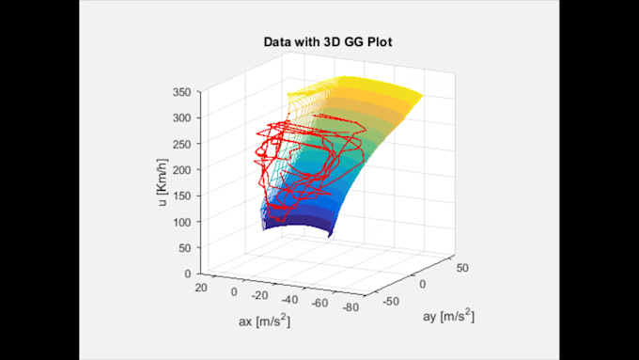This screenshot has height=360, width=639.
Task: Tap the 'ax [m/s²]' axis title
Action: [264, 321]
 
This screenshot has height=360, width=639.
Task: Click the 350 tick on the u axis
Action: [183, 93]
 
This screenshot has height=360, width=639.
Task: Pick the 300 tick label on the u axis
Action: [183, 119]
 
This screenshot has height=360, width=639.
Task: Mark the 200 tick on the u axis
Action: [183, 171]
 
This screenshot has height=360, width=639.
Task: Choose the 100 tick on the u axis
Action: [183, 222]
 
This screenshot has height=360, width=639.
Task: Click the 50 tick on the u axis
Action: [186, 248]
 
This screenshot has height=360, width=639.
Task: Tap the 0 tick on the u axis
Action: [190, 274]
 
